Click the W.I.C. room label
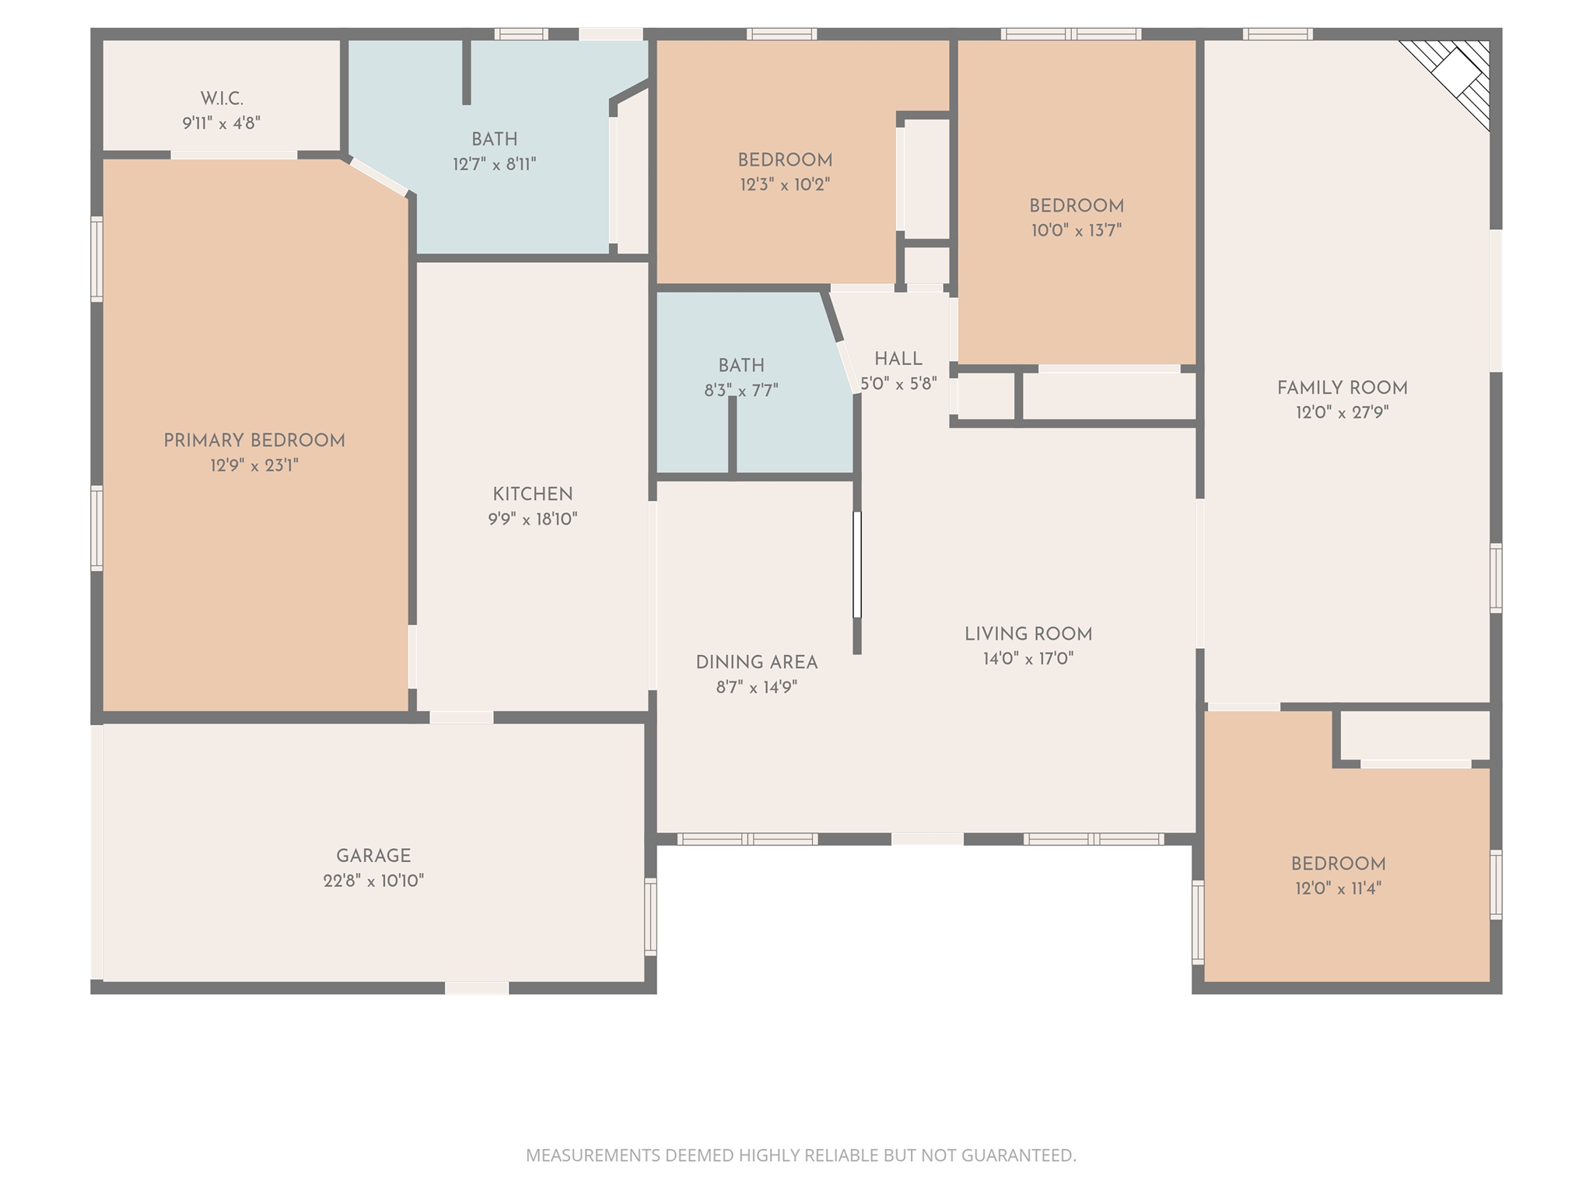[222, 99]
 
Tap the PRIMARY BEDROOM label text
[254, 441]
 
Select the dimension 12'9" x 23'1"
[254, 466]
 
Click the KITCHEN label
[533, 494]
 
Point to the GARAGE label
[373, 856]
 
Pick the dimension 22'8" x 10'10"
[373, 881]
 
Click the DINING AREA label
[757, 663]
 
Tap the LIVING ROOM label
[1028, 634]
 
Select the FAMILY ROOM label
[1342, 388]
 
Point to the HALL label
[898, 359]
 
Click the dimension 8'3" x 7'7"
[741, 391]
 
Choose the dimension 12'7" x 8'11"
[495, 164]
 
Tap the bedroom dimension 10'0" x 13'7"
[1077, 230]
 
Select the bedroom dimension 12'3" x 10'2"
[785, 185]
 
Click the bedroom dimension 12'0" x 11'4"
[1338, 888]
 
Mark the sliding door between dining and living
[857, 564]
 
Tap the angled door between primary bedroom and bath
[379, 177]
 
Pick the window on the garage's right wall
[650, 916]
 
